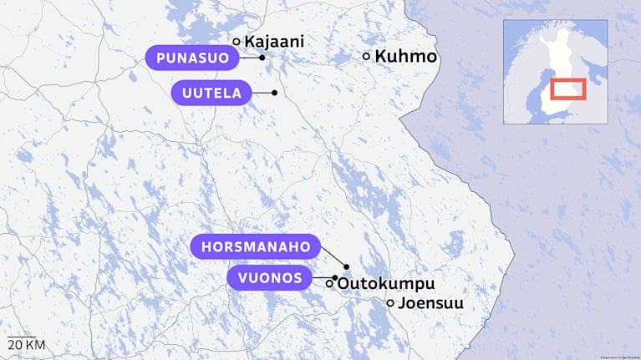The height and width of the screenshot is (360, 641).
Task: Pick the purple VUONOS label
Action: [269, 278]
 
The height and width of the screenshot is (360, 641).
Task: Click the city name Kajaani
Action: [273, 40]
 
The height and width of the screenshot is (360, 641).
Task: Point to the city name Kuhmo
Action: [405, 57]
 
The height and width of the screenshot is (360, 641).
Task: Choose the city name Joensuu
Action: [430, 303]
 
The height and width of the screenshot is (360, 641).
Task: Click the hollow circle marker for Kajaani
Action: [237, 41]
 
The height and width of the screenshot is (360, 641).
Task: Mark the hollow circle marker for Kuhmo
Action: [366, 56]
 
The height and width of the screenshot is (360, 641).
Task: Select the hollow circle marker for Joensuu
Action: [390, 302]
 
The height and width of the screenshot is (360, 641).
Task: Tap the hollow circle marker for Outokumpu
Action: [329, 284]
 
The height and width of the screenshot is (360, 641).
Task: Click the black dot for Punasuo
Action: [262, 58]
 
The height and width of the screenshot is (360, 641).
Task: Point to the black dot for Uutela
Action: [274, 93]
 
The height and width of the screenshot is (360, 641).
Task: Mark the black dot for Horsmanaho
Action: [346, 266]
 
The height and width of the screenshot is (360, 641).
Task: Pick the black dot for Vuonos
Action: [334, 277]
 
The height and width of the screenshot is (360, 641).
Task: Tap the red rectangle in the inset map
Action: [567, 88]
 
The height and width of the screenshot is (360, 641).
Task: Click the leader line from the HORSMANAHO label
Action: [333, 256]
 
